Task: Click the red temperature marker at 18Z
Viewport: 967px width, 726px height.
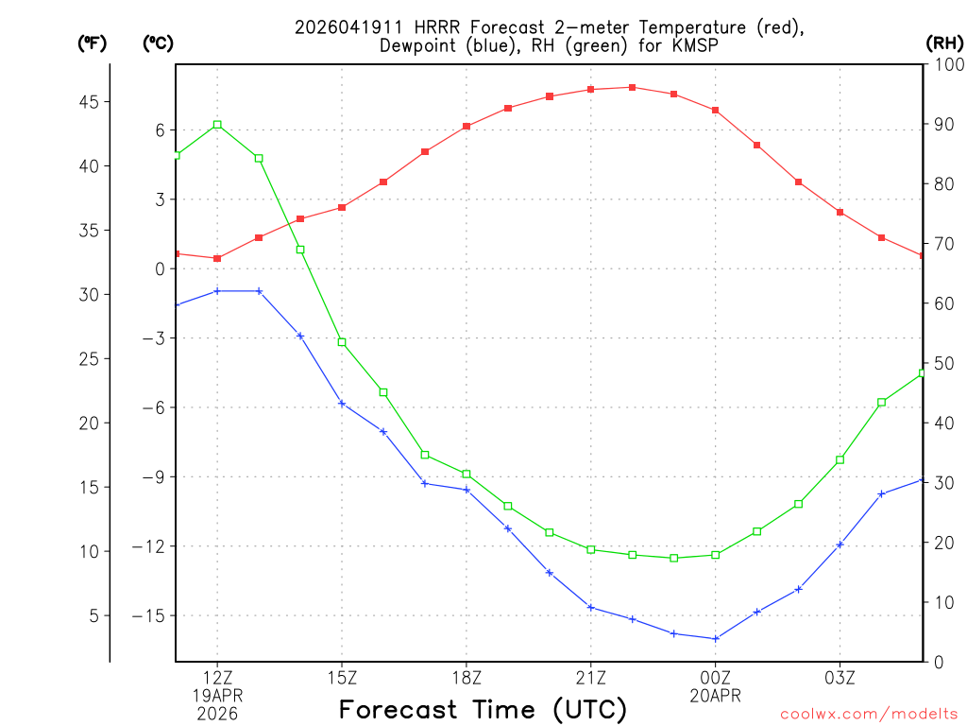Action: (467, 127)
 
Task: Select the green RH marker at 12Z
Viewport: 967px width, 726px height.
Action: (217, 125)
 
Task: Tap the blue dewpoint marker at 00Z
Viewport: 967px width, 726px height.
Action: (716, 639)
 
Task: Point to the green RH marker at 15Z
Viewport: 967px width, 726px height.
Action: (342, 342)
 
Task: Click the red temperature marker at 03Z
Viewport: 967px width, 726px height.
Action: (840, 213)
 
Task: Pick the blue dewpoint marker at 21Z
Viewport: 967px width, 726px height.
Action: (591, 608)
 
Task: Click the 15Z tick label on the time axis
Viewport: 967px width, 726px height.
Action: (342, 677)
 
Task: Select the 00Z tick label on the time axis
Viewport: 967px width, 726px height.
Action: (716, 677)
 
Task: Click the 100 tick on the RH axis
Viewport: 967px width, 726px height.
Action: (946, 64)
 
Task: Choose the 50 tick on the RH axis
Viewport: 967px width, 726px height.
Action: (942, 363)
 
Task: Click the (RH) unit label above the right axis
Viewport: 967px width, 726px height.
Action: (945, 43)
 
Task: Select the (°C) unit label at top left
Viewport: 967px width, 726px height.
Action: (159, 43)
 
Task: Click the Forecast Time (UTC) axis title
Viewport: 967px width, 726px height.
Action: (483, 709)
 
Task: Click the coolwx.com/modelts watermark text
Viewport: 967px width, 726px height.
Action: (869, 713)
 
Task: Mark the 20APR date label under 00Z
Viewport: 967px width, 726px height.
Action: (716, 696)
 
